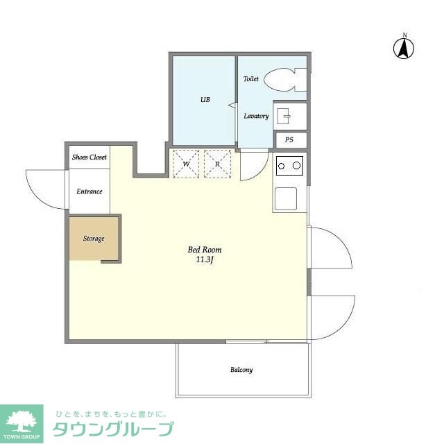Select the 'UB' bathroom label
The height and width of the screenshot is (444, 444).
click(205, 100)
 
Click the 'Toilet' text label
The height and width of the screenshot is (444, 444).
click(251, 79)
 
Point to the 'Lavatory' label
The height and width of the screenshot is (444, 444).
click(256, 116)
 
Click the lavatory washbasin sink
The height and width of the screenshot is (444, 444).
click(284, 115)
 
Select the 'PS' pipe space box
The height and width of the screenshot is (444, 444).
click(289, 139)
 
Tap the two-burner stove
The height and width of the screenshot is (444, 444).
click(289, 166)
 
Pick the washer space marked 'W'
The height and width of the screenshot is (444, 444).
click(186, 164)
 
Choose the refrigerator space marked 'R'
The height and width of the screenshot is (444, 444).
click(217, 164)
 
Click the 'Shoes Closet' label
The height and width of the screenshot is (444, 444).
click(89, 157)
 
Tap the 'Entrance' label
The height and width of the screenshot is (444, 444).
click(89, 191)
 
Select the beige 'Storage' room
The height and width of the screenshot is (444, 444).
click(94, 238)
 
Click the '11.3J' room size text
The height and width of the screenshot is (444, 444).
click(205, 261)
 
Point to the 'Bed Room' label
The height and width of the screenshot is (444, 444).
click(205, 250)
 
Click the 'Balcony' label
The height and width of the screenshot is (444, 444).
click(241, 370)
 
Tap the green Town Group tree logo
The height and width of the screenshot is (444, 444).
click(21, 420)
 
